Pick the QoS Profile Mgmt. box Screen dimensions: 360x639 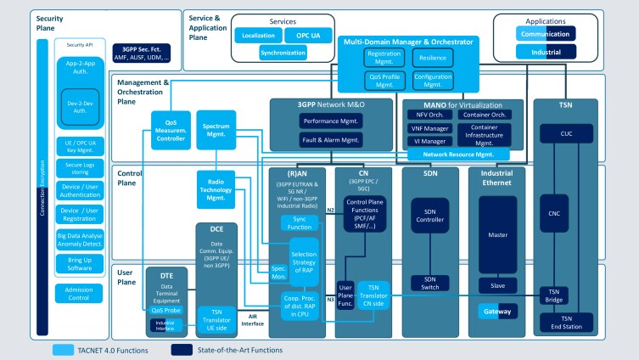pyautogui.click(x=384, y=79)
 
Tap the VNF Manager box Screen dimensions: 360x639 pyautogui.click(x=430, y=129)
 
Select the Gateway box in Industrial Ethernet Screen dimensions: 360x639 pyautogui.click(x=497, y=312)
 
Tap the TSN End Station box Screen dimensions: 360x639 pyautogui.click(x=576, y=323)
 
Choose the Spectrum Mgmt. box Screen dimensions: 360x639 pyautogui.click(x=216, y=128)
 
